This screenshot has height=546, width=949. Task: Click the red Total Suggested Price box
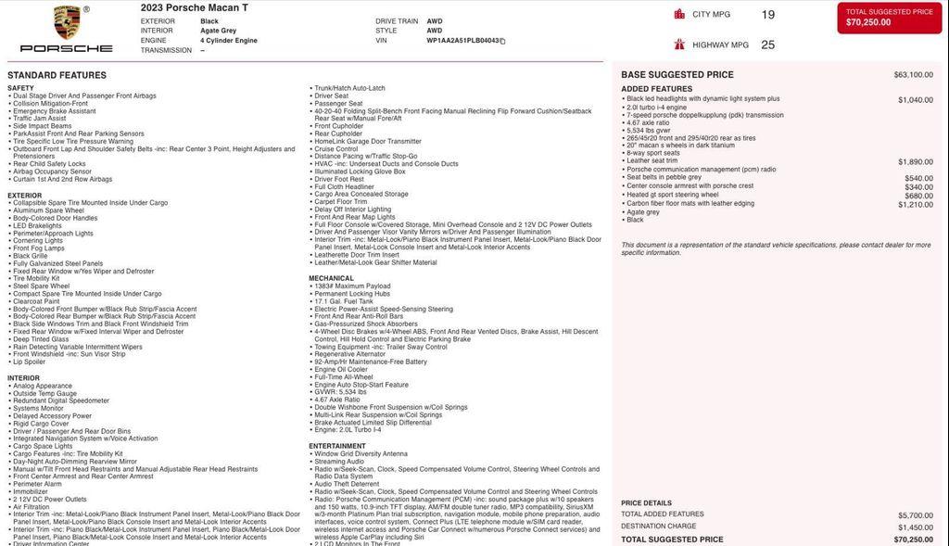point(889,18)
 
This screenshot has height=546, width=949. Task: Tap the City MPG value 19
point(767,15)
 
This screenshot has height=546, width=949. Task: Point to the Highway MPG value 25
point(767,44)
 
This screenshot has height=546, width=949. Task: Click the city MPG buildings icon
point(679,14)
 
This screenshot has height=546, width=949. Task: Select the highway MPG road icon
point(679,44)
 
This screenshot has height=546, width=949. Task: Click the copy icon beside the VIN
point(503,41)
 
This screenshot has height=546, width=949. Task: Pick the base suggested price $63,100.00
point(913,75)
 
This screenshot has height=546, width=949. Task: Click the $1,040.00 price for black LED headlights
point(915,100)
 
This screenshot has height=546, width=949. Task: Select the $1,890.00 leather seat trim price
point(915,162)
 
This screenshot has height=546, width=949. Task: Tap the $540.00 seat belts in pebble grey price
point(918,178)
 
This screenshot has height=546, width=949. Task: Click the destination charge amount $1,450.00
point(915,527)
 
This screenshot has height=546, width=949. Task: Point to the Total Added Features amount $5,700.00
point(915,515)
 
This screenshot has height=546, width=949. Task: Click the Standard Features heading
point(57,75)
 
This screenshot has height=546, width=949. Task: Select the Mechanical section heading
point(331,278)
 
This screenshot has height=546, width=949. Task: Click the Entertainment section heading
point(337,446)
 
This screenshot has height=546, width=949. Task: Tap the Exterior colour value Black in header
point(209,21)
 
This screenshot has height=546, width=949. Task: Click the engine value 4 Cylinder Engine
point(229,41)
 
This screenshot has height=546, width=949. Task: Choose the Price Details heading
point(646,503)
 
